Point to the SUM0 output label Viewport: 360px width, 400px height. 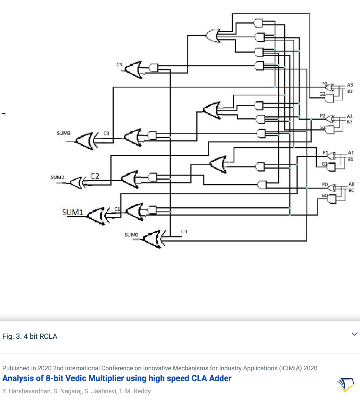click(131, 235)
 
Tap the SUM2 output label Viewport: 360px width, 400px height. click(57, 178)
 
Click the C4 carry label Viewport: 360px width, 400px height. click(119, 65)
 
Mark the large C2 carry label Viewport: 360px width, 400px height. click(95, 176)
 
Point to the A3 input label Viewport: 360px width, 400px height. click(350, 85)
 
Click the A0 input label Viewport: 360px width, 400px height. click(351, 184)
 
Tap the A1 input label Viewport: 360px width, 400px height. click(351, 153)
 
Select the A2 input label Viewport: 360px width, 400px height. click(350, 116)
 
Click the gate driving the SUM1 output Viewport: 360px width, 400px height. click(97, 215)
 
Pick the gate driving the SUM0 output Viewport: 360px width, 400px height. click(152, 239)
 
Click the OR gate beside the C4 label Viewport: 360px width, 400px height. click(134, 69)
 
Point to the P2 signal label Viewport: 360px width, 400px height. click(323, 116)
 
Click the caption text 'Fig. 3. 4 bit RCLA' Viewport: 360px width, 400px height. click(30, 336)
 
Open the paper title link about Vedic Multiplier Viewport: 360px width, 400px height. click(117, 378)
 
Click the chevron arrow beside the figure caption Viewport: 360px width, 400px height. click(354, 334)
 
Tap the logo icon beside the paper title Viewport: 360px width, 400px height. click(347, 385)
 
